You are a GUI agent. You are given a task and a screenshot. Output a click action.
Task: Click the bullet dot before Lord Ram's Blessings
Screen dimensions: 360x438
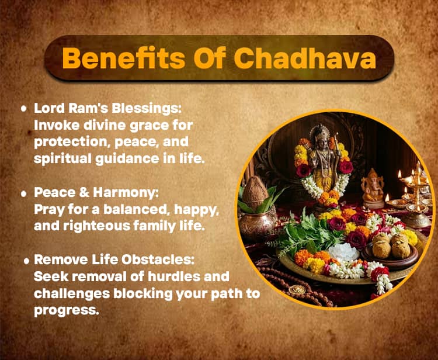click(23, 109)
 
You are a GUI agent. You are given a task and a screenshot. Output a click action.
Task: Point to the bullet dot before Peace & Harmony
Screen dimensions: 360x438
click(23, 193)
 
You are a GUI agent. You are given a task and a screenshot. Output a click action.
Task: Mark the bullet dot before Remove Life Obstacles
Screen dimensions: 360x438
click(26, 261)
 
